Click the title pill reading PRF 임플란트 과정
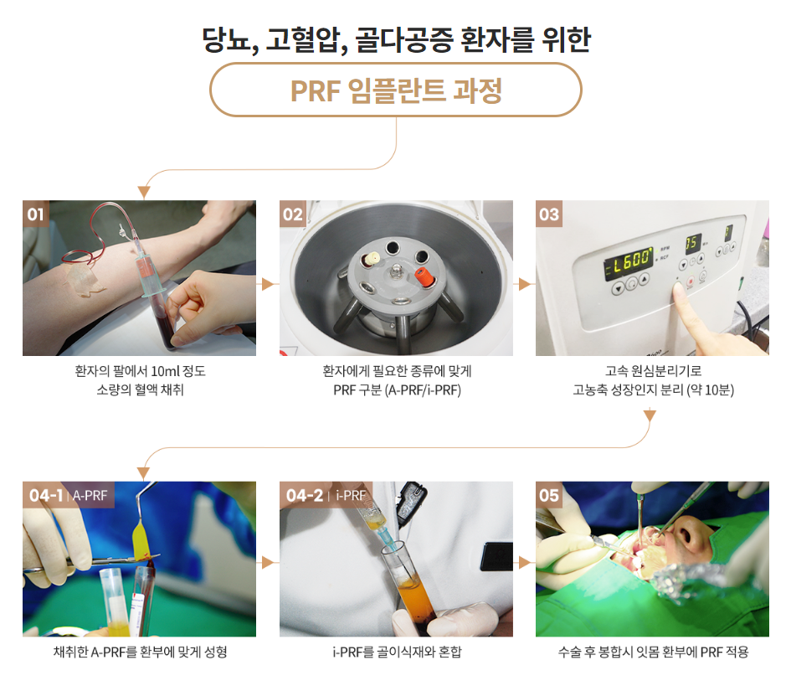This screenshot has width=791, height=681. pos(395,90)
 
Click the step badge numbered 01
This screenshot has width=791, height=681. pos(36,214)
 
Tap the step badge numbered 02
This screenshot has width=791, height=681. pos(293,214)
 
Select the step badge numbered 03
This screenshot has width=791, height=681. pos(549,214)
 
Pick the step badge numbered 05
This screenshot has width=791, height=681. pos(549,495)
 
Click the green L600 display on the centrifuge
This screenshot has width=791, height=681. pos(629,261)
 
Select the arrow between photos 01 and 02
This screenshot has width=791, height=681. pos(268,285)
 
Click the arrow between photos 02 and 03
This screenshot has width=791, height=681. pos(525,285)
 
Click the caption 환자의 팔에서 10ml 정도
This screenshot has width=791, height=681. pos(140,370)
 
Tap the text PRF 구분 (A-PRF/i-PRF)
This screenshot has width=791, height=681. pos(397,390)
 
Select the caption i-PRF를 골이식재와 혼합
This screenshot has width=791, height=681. pos(397,652)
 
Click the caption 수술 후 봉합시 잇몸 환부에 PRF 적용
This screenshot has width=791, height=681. pos(653,652)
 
